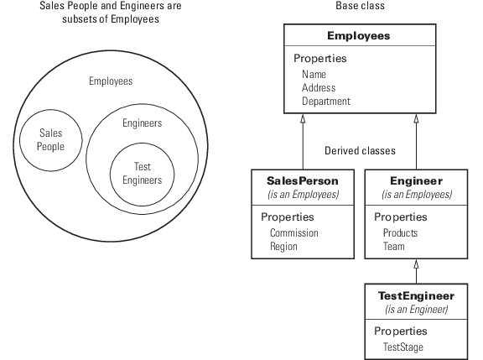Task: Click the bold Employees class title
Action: pyautogui.click(x=359, y=36)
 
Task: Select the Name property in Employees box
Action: pyautogui.click(x=314, y=75)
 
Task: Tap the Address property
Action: pyautogui.click(x=319, y=88)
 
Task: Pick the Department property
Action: pyautogui.click(x=326, y=102)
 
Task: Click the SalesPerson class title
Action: pyautogui.click(x=303, y=181)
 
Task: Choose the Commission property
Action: pyautogui.click(x=294, y=233)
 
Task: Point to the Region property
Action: pyautogui.click(x=283, y=247)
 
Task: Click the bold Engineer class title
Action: pyautogui.click(x=416, y=181)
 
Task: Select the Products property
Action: pyautogui.click(x=400, y=233)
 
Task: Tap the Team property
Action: pyautogui.click(x=393, y=247)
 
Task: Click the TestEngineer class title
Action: pyautogui.click(x=416, y=296)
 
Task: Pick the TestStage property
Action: pyautogui.click(x=402, y=347)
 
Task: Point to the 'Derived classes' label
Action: pyautogui.click(x=360, y=151)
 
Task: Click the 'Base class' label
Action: pyautogui.click(x=360, y=6)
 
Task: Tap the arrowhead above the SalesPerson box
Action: pyautogui.click(x=303, y=119)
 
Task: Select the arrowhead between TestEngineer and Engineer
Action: pyautogui.click(x=416, y=264)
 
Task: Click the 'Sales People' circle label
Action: pyautogui.click(x=51, y=139)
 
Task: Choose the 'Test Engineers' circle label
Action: pyautogui.click(x=142, y=173)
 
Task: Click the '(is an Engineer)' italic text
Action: pyautogui.click(x=416, y=309)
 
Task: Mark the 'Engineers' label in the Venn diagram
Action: pyautogui.click(x=142, y=123)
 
